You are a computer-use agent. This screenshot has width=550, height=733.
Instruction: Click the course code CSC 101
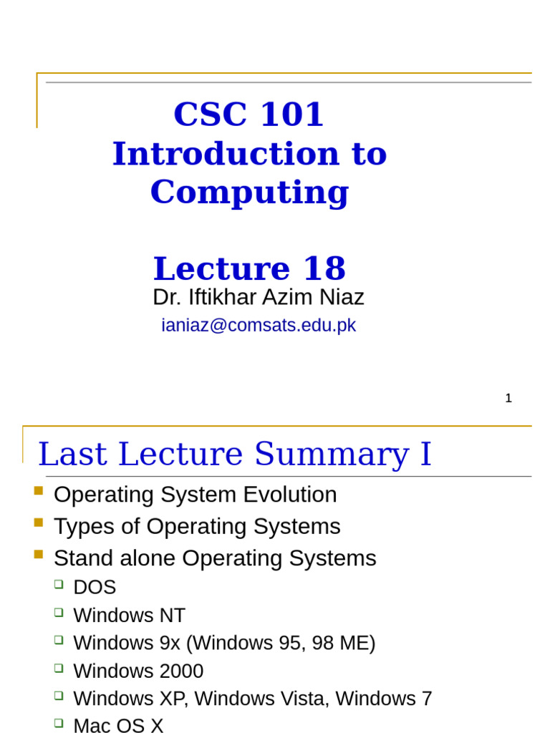coord(249,115)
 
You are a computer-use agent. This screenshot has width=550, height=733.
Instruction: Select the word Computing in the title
coord(249,192)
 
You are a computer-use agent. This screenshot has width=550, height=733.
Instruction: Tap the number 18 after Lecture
coord(324,269)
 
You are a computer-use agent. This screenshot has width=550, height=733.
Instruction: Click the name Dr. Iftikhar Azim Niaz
coord(258,297)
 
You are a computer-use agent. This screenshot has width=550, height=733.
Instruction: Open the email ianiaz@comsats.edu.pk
coord(258,325)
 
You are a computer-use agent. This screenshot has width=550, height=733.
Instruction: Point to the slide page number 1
coord(508,399)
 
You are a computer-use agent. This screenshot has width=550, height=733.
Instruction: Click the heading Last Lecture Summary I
coord(235,454)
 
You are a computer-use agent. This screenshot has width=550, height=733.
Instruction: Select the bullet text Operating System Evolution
coord(195,495)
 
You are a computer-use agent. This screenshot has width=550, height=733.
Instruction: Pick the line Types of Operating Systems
coord(197,527)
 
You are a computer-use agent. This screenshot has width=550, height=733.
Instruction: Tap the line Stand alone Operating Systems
coord(215,558)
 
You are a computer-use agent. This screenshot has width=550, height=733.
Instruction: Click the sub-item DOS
coord(95,588)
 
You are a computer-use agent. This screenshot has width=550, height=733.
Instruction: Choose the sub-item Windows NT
coord(129,616)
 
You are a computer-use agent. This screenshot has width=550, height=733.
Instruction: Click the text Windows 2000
coord(138,671)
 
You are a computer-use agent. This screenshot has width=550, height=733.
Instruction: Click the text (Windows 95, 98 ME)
coord(281,643)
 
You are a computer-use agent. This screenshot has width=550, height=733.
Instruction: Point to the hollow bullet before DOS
coord(59,584)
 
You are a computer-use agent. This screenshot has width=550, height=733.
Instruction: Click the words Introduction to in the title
coord(249,154)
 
